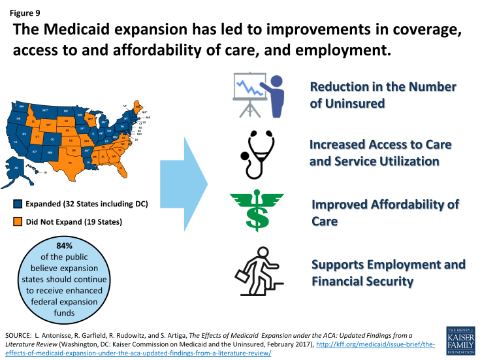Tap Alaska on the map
[x=18, y=168]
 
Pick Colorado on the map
[x=52, y=139]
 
